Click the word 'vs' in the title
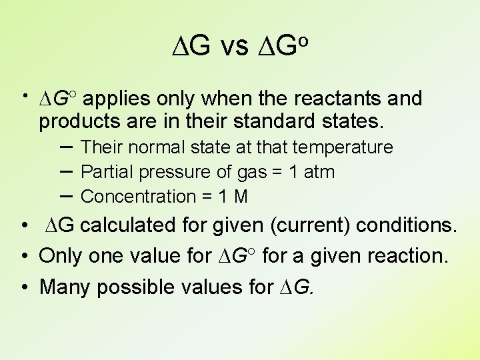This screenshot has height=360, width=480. click(233, 46)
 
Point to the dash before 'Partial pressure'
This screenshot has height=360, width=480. click(67, 171)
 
